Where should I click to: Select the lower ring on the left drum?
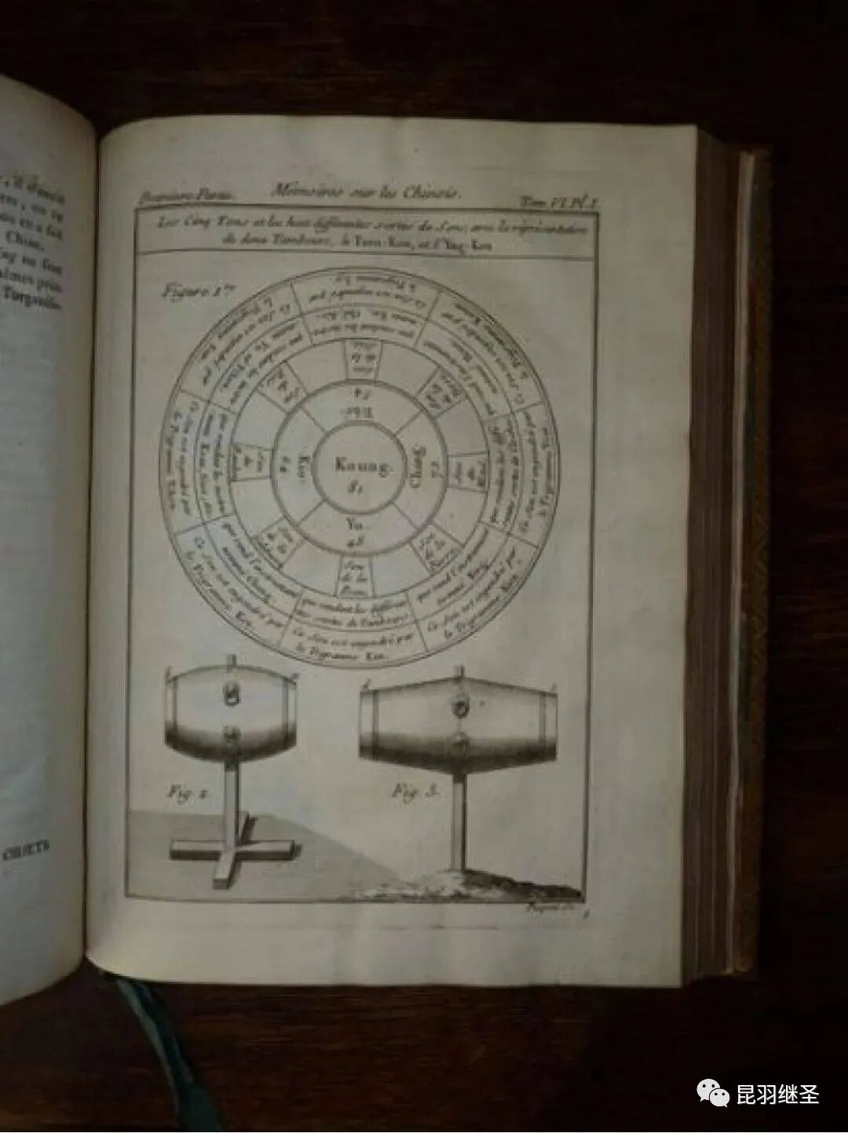click(232, 734)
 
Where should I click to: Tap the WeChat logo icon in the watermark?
click(711, 1092)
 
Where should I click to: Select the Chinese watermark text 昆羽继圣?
click(777, 1093)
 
